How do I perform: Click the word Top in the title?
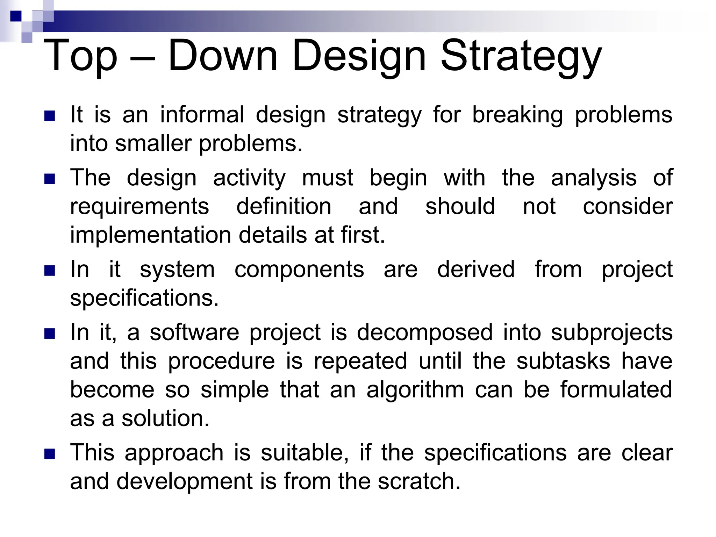coord(80,56)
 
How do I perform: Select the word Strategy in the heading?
coord(521,56)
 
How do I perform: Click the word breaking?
coord(517,115)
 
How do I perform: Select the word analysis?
coord(594,178)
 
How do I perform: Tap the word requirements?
coord(139,207)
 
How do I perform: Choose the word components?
coord(299,270)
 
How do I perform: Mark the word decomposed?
coord(424,333)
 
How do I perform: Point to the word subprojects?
coord(612,333)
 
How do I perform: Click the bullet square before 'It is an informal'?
coord(50,116)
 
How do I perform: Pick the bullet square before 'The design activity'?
coord(50,179)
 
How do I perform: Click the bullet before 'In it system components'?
coord(50,271)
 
